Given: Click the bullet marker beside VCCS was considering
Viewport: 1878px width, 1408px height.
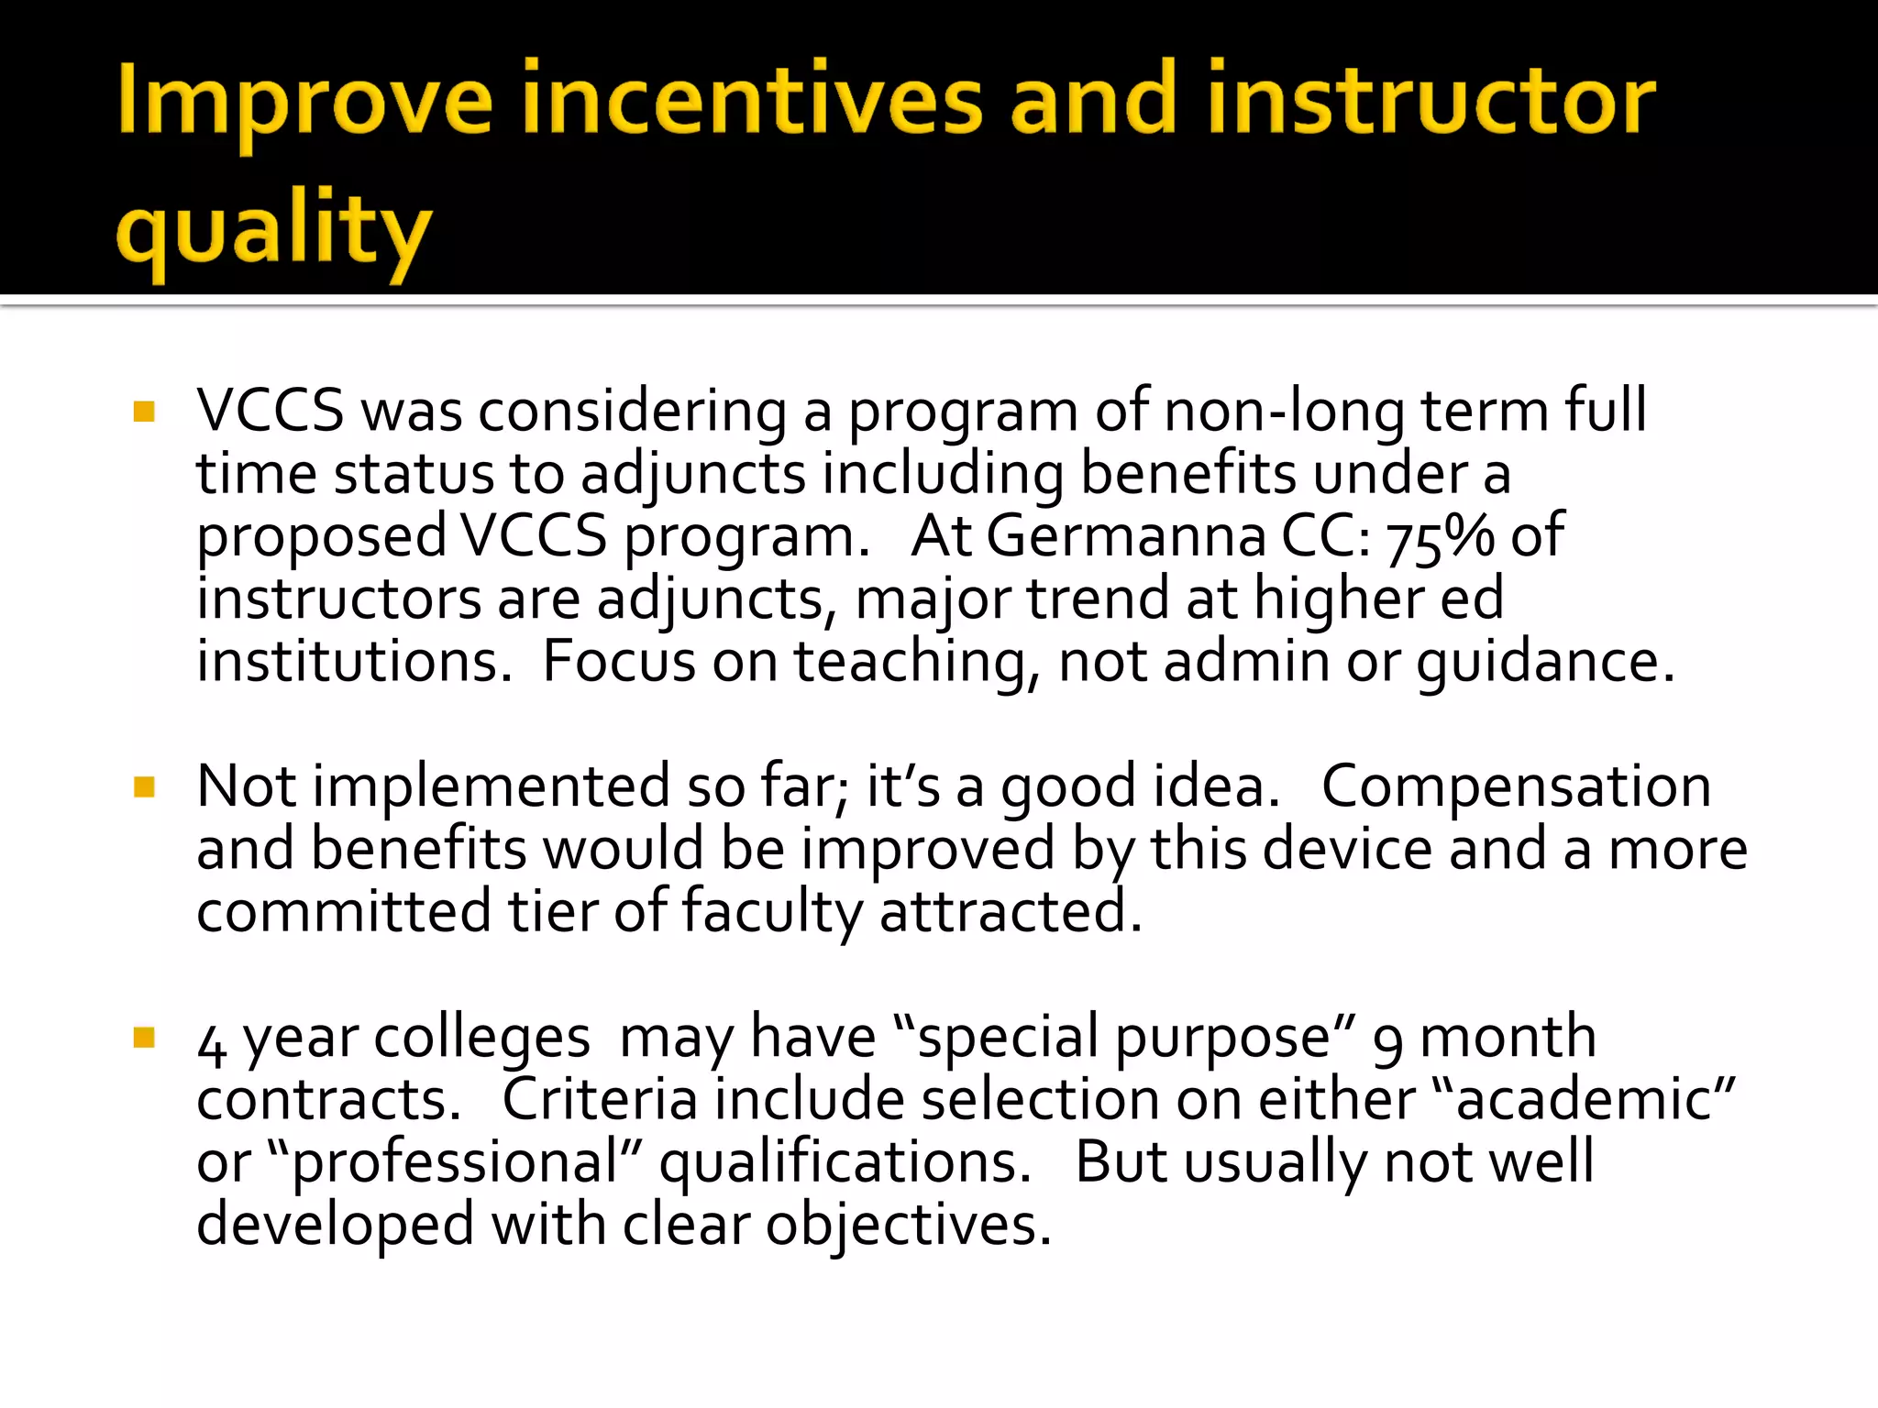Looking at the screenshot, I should click(x=144, y=411).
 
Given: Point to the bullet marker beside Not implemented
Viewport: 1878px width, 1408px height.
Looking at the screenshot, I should click(x=144, y=786).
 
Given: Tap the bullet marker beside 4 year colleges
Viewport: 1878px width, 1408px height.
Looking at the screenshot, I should click(x=144, y=1037).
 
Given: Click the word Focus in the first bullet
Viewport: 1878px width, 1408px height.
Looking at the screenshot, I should click(x=619, y=661).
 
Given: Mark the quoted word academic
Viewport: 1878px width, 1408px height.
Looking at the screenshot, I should click(x=1583, y=1099).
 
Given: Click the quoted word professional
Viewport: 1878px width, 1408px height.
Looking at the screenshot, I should click(x=455, y=1163).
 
